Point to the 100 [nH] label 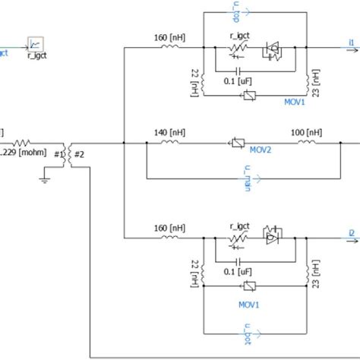click(x=307, y=131)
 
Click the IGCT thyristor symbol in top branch click(x=271, y=50)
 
